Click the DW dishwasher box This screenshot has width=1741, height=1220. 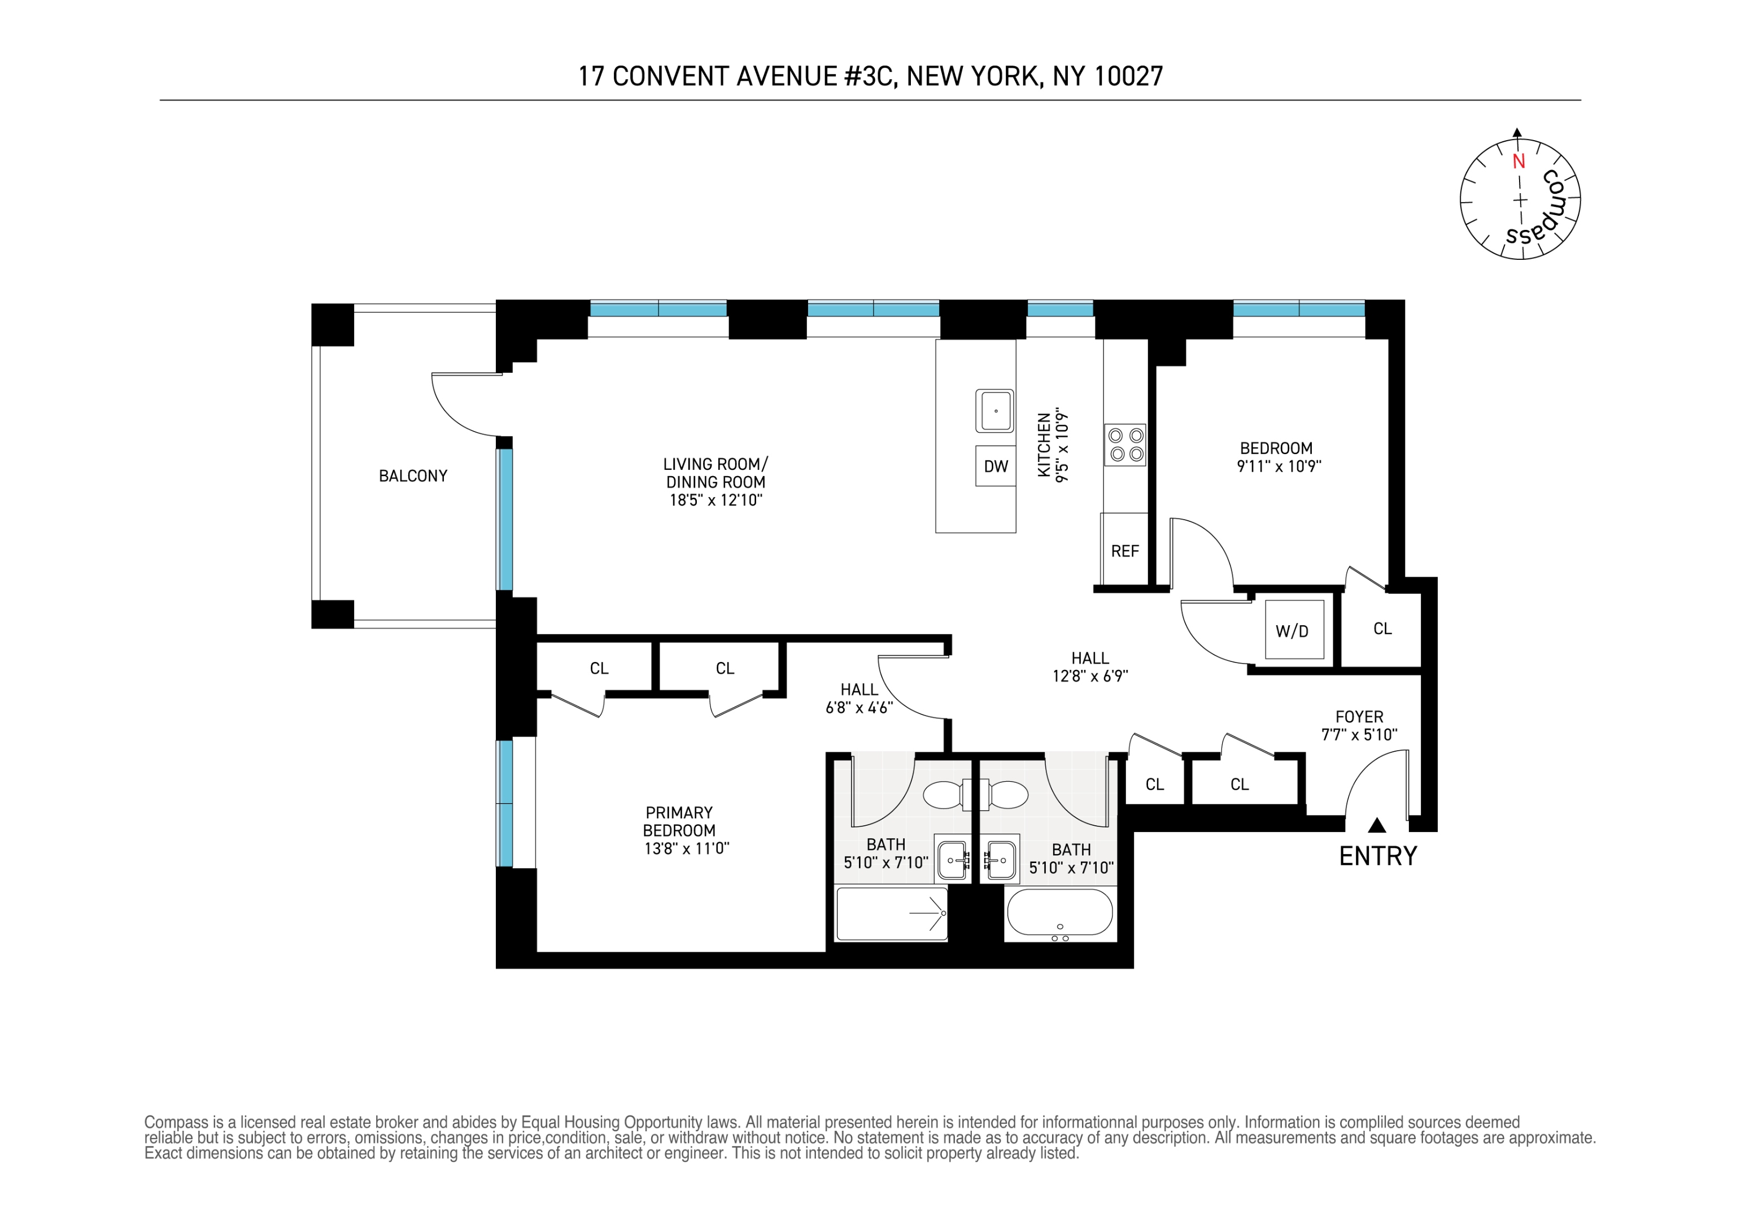coord(995,467)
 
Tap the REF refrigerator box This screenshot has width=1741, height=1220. coord(1124,550)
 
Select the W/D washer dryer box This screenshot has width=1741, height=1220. coord(1294,629)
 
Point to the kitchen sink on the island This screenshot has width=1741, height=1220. coord(995,411)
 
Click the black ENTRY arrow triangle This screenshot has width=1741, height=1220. coord(1377,825)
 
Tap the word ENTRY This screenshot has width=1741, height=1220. coord(1378,856)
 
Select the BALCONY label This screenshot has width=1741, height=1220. coord(413,476)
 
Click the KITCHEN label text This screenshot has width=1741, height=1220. coord(1044,445)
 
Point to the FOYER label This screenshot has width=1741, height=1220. coord(1360,717)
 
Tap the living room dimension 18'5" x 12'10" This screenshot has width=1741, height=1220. coord(716,500)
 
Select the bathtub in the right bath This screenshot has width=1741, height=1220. coord(1060,914)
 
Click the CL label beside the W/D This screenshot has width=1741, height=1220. coord(1382,629)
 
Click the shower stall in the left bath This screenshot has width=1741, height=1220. coord(892,914)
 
